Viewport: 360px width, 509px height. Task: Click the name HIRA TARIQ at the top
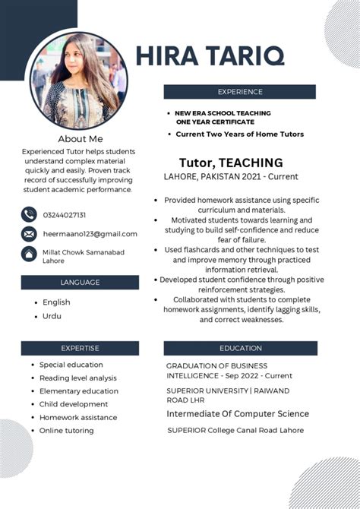210,55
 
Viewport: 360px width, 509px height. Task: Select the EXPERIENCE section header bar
239,92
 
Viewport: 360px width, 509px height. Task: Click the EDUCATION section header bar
239,348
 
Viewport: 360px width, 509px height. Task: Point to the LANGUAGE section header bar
80,282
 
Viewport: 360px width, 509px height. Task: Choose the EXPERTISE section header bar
80,348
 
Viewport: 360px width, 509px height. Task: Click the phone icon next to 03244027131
29,214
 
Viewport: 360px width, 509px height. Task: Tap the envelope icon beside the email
29,234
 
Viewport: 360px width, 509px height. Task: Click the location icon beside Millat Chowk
29,254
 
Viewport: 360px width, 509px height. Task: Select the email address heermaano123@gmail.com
90,234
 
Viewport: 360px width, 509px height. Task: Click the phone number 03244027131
65,215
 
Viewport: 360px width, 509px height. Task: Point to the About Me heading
80,139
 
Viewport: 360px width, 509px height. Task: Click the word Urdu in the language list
52,316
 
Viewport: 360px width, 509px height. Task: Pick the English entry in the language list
56,302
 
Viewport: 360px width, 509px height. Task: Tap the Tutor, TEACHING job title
231,163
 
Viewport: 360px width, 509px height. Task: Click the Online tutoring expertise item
67,431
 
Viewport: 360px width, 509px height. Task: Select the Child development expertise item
74,404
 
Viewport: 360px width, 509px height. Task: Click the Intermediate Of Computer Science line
238,414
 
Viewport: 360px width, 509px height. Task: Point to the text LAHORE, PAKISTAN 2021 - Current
231,177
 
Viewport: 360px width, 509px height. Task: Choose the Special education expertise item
71,365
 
